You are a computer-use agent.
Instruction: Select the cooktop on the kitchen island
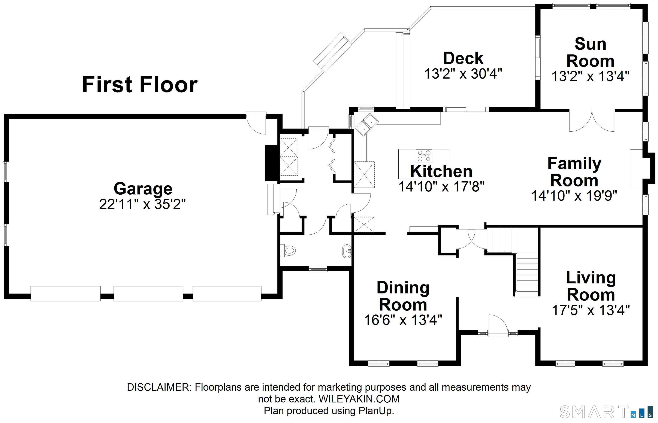tap(424, 156)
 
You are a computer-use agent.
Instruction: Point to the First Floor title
tap(140, 84)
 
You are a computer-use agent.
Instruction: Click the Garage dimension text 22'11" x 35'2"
tap(142, 204)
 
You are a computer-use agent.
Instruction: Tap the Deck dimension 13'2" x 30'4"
tap(463, 74)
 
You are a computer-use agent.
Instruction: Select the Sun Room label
tap(590, 52)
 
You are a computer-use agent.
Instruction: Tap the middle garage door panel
tap(148, 294)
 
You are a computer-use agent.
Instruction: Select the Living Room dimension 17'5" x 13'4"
tap(591, 310)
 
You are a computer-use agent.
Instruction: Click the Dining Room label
tap(403, 296)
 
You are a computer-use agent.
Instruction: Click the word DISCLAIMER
tap(158, 387)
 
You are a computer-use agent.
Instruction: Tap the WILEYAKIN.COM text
tap(359, 399)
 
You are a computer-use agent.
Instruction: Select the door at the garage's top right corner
tap(256, 123)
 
